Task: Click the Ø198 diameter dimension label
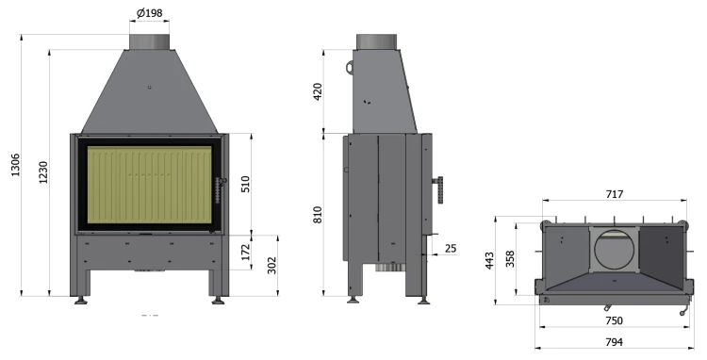149,13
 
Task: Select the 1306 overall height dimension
15,165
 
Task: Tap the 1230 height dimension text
42,172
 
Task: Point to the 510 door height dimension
245,184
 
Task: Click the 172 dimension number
245,253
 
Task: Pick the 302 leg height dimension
271,266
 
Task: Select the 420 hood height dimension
318,91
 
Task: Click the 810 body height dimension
318,215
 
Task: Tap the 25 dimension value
451,248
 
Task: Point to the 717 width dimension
615,194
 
